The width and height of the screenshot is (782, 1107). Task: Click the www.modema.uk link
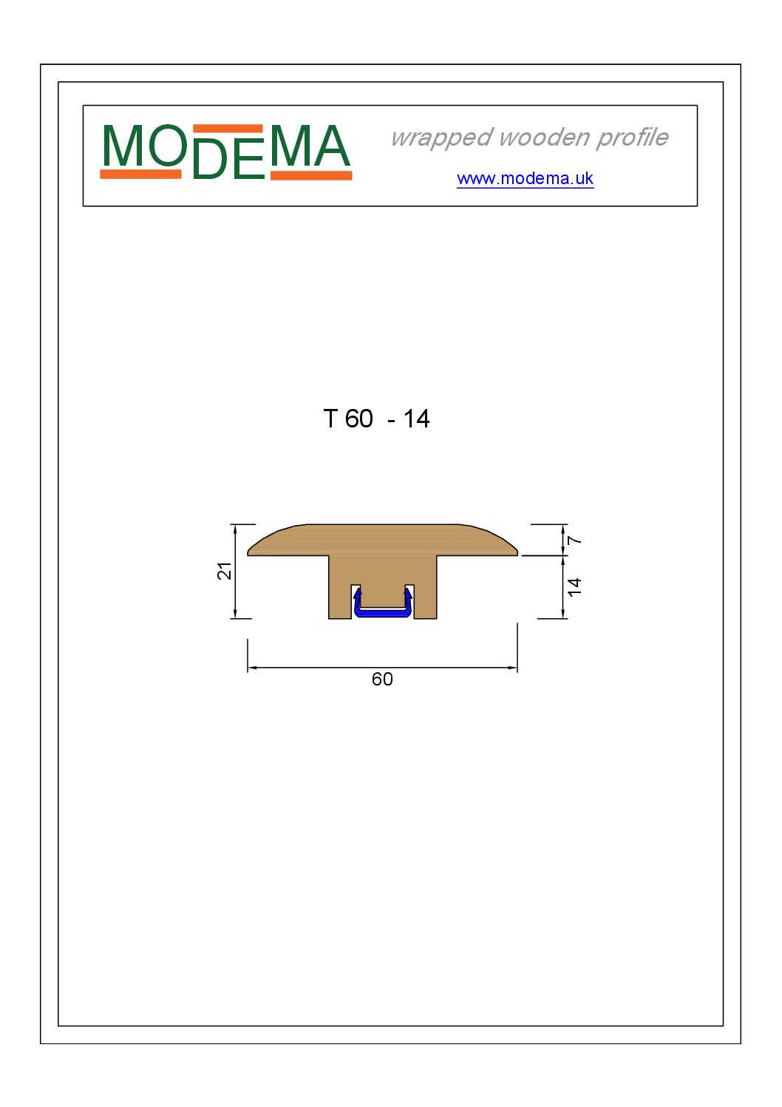(525, 178)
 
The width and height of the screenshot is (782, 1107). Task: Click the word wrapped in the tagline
(442, 138)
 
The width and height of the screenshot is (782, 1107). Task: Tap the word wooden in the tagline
(545, 137)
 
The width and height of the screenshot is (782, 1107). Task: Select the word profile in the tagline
(632, 138)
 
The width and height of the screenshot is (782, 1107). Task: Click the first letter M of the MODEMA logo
(123, 146)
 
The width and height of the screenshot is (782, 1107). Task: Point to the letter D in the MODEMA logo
(209, 158)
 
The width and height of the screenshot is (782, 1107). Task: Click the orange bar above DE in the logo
(228, 129)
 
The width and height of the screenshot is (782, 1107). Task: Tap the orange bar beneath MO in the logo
(140, 174)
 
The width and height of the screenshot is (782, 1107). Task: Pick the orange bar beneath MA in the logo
(311, 175)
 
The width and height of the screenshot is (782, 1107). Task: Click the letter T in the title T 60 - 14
(330, 419)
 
